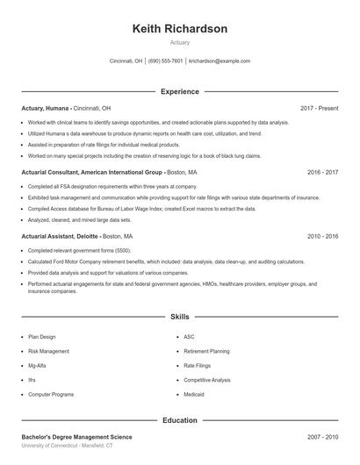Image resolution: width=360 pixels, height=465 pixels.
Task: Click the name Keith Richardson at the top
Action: click(179, 29)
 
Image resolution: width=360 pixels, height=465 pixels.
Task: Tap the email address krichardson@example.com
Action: click(220, 61)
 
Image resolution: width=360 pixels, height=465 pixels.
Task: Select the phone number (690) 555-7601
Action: click(165, 61)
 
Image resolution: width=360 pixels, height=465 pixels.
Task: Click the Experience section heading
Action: click(179, 91)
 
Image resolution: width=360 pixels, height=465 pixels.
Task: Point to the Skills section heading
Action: click(179, 316)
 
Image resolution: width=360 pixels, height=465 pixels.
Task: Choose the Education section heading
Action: click(179, 420)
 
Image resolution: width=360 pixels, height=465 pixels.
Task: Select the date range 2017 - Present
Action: click(319, 108)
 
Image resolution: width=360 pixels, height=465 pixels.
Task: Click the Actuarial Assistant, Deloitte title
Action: click(60, 237)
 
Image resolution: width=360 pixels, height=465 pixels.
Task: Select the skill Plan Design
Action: click(42, 336)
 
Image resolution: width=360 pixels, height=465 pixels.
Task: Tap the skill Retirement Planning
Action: click(207, 351)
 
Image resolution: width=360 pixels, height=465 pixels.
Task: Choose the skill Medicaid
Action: click(195, 395)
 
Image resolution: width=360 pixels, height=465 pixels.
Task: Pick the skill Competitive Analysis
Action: click(207, 380)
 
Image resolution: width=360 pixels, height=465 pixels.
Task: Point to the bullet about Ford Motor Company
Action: click(167, 261)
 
